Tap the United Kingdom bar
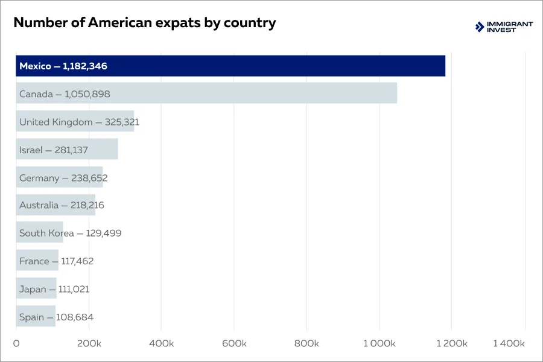(x=75, y=121)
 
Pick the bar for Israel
(x=66, y=149)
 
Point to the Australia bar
(x=56, y=205)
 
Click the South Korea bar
(x=40, y=233)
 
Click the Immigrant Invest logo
(x=504, y=27)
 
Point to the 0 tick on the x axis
(x=16, y=343)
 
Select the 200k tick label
(x=89, y=343)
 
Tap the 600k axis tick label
(x=234, y=343)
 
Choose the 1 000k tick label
(x=379, y=343)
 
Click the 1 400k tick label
(x=509, y=343)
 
